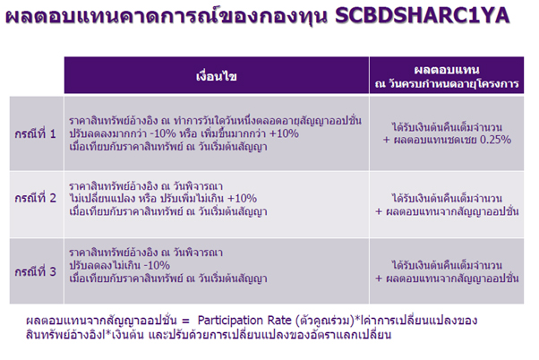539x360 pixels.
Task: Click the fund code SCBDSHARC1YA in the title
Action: point(422,16)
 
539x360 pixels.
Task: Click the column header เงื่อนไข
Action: point(216,75)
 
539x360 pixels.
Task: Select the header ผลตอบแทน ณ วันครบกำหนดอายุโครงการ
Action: point(447,76)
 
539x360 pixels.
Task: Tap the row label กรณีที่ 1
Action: point(35,133)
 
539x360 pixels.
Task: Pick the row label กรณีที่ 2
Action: point(35,198)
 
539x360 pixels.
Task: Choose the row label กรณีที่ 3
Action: point(35,271)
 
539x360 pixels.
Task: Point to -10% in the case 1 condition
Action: point(163,133)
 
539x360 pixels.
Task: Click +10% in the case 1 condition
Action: point(284,133)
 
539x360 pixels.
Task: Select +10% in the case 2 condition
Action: point(242,199)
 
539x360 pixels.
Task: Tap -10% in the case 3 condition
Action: point(157,265)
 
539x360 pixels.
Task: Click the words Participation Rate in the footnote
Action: point(244,320)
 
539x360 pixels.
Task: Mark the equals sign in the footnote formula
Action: point(185,321)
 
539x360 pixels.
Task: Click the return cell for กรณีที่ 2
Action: point(447,204)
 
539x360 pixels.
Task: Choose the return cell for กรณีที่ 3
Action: point(447,271)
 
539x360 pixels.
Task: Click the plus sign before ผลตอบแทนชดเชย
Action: point(387,140)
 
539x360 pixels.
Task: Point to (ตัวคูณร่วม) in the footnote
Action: point(325,321)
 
